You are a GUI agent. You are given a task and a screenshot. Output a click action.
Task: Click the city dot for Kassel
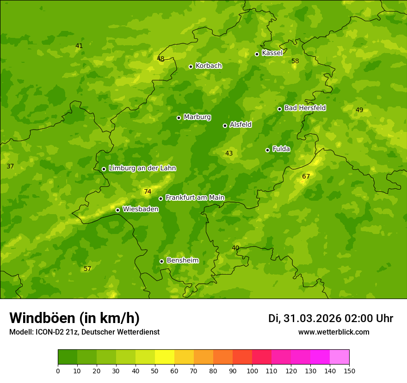click(x=257, y=54)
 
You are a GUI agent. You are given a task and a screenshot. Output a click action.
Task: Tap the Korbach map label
click(x=209, y=66)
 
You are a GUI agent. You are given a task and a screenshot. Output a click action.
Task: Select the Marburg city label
click(x=197, y=117)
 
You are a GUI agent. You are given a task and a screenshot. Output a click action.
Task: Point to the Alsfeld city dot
click(x=225, y=126)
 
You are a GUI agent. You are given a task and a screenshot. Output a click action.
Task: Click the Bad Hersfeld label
click(x=305, y=108)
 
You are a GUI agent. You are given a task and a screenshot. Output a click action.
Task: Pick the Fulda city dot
click(x=267, y=150)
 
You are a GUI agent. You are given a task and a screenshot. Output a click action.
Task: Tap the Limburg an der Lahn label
click(x=142, y=168)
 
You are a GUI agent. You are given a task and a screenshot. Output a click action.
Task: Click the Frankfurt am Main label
click(x=195, y=197)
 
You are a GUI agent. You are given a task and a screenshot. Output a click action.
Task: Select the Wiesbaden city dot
click(x=117, y=210)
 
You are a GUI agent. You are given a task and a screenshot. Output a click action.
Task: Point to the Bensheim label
click(x=182, y=261)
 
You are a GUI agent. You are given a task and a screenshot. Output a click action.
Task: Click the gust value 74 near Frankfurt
click(x=148, y=191)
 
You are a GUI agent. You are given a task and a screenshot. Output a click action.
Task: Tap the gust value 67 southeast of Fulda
click(x=306, y=176)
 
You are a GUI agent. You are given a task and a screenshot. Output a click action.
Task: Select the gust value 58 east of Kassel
click(x=295, y=61)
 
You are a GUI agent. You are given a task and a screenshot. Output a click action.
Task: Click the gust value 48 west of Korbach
click(x=160, y=59)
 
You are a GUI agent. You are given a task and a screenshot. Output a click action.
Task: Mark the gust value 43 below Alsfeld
click(x=229, y=153)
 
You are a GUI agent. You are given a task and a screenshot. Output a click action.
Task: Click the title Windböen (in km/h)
click(x=74, y=318)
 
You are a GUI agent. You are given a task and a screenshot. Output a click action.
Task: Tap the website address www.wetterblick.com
click(x=333, y=332)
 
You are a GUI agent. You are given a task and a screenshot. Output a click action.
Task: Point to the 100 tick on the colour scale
click(x=252, y=371)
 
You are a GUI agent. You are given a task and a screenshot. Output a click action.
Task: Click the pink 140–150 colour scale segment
click(x=339, y=357)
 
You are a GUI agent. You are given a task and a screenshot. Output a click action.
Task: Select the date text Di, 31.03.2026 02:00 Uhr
click(x=331, y=318)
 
